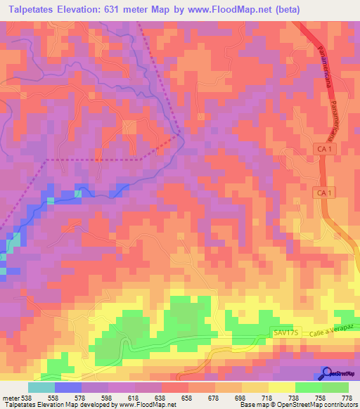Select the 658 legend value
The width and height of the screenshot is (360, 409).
(x=186, y=397)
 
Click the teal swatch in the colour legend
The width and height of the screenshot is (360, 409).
(x=41, y=387)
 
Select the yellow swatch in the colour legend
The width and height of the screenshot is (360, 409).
(x=282, y=387)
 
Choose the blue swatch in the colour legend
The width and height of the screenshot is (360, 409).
(x=68, y=387)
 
